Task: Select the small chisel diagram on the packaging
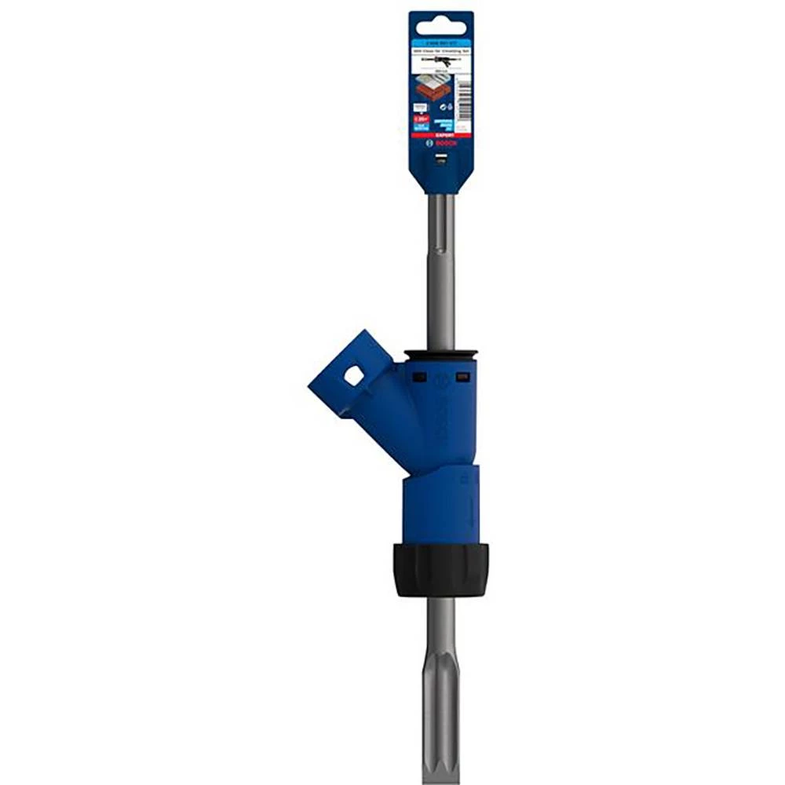440,59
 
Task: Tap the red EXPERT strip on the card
441,135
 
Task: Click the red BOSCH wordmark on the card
447,144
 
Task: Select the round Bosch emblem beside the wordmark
429,144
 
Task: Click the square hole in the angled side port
353,376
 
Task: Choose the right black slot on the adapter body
463,376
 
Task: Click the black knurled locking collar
441,568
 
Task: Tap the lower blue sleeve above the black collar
440,506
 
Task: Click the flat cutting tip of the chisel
440,754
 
